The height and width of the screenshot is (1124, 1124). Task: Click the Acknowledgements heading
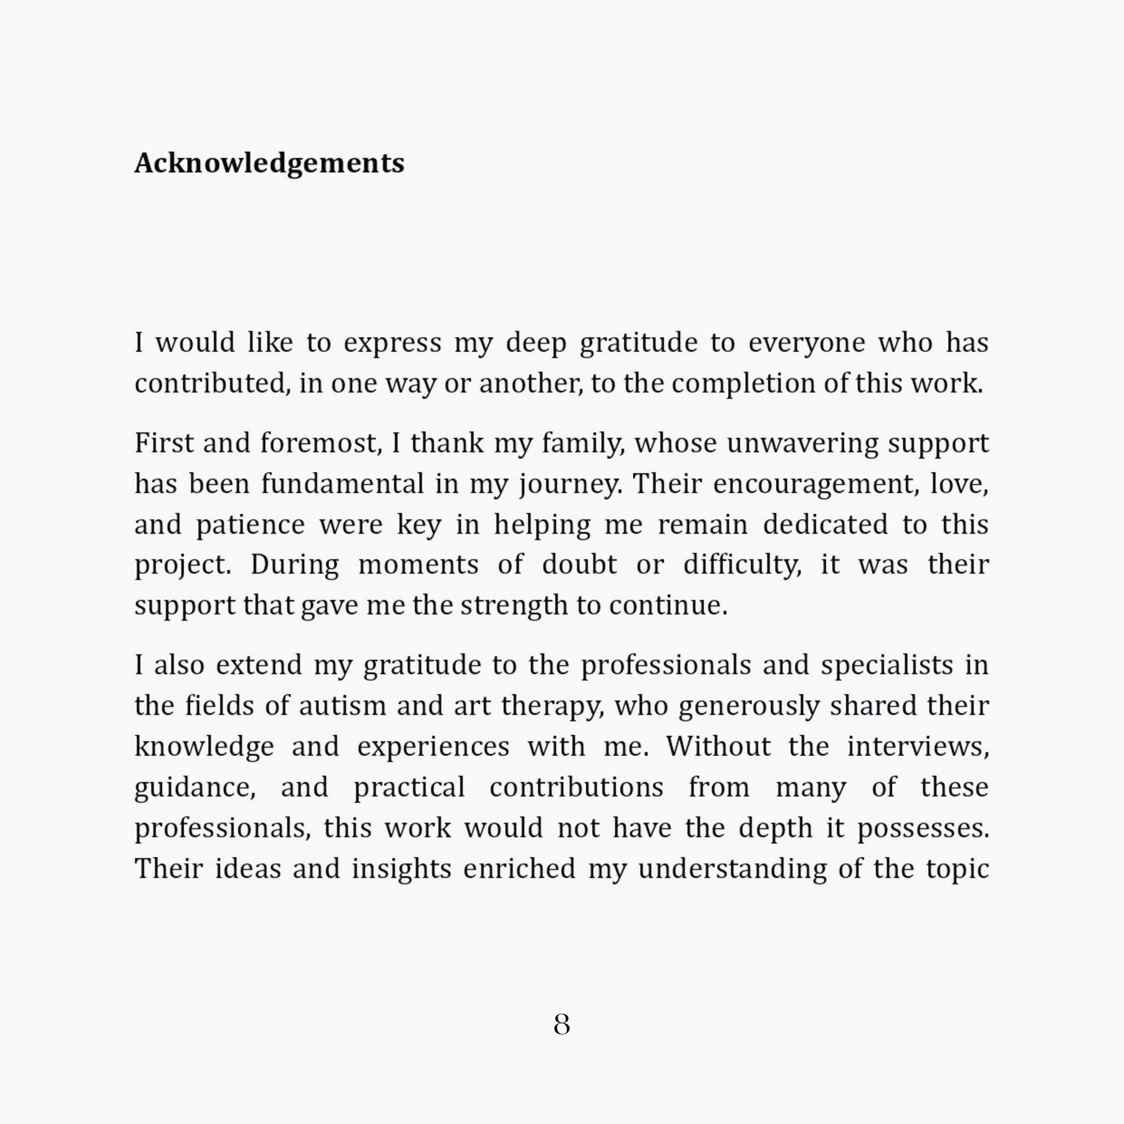click(x=269, y=163)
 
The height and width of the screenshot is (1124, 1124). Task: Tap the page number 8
click(x=561, y=1025)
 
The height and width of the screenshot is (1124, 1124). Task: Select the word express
click(x=392, y=343)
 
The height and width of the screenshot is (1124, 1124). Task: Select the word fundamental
click(x=342, y=483)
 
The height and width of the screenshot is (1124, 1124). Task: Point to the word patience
click(x=250, y=525)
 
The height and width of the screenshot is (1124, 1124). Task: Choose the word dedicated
click(x=825, y=524)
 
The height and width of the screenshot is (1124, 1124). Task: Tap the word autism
click(x=342, y=706)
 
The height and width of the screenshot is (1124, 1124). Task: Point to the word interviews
click(x=917, y=746)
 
